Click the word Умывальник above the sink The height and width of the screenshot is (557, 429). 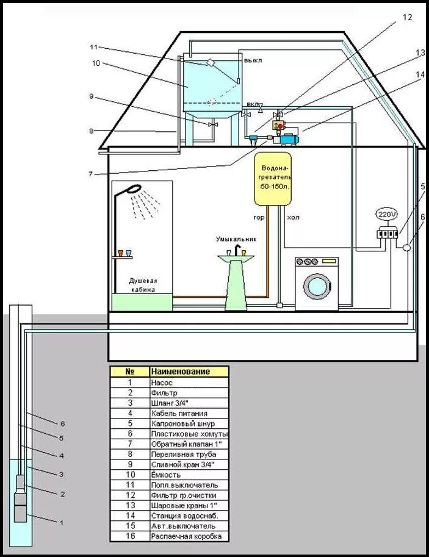(x=236, y=240)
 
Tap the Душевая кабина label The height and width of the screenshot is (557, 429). (x=142, y=286)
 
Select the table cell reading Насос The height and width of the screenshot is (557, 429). (x=189, y=383)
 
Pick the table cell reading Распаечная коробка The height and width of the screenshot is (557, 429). (x=189, y=536)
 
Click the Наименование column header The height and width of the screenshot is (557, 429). (x=189, y=371)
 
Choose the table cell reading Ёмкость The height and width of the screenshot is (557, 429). (x=189, y=474)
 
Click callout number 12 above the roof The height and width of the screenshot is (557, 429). (x=408, y=17)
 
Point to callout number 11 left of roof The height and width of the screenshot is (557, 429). (x=93, y=47)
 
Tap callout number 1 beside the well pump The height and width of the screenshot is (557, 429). (x=61, y=522)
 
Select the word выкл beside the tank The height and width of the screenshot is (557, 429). (x=253, y=61)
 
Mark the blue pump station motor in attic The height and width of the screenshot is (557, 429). (x=286, y=139)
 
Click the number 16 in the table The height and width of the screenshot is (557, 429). (x=129, y=536)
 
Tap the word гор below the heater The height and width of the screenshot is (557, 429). (x=259, y=217)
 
